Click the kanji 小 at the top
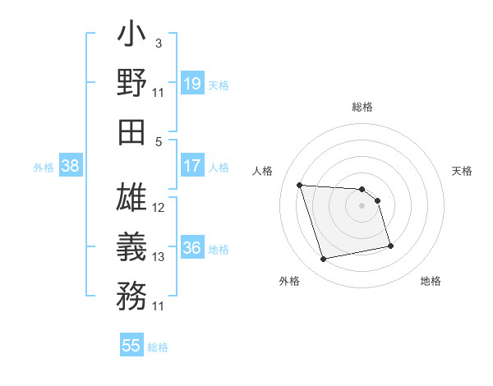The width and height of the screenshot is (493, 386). coord(131,36)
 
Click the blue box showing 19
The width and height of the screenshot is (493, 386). coord(191,83)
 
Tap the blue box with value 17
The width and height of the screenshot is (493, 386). coord(191,165)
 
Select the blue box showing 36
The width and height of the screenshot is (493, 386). coord(191,248)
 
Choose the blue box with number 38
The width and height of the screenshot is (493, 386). coord(70,166)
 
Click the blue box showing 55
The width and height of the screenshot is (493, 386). coord(131,346)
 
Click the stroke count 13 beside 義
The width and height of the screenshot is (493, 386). coord(159,257)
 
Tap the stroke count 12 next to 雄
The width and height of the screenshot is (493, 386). coord(159,207)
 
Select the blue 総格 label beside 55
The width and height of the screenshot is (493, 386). coord(158,347)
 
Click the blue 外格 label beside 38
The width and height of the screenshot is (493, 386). coord(44,167)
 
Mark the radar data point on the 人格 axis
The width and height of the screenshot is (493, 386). coord(300,185)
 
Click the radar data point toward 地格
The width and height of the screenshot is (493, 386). coord(390,245)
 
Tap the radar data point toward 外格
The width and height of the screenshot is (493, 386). coord(324,260)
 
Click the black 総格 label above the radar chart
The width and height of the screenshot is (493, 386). coord(362,107)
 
